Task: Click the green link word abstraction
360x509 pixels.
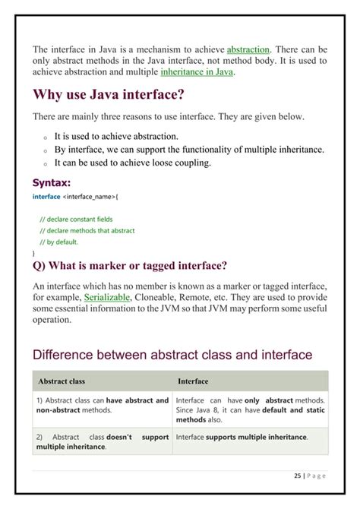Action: (248, 49)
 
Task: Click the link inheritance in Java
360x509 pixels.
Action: (197, 72)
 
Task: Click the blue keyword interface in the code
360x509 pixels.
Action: (46, 196)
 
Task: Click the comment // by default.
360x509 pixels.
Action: (58, 242)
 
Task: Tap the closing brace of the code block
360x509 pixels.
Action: (34, 252)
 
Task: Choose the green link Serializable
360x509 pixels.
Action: (107, 297)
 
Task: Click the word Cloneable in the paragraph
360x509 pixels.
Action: (157, 297)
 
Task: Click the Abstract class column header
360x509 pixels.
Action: (61, 381)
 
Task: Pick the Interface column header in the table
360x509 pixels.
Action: (193, 381)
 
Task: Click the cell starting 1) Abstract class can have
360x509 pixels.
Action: (102, 405)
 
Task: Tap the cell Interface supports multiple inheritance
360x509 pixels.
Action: (242, 437)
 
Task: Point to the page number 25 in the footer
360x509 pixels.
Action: (297, 476)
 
